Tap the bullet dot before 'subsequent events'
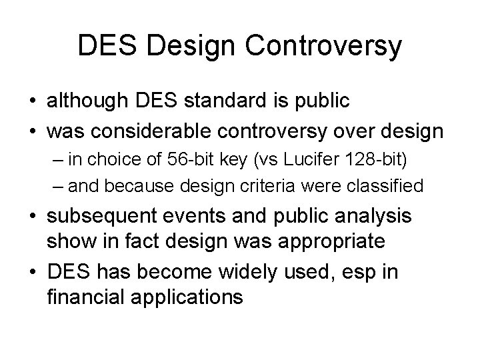coord(32,217)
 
